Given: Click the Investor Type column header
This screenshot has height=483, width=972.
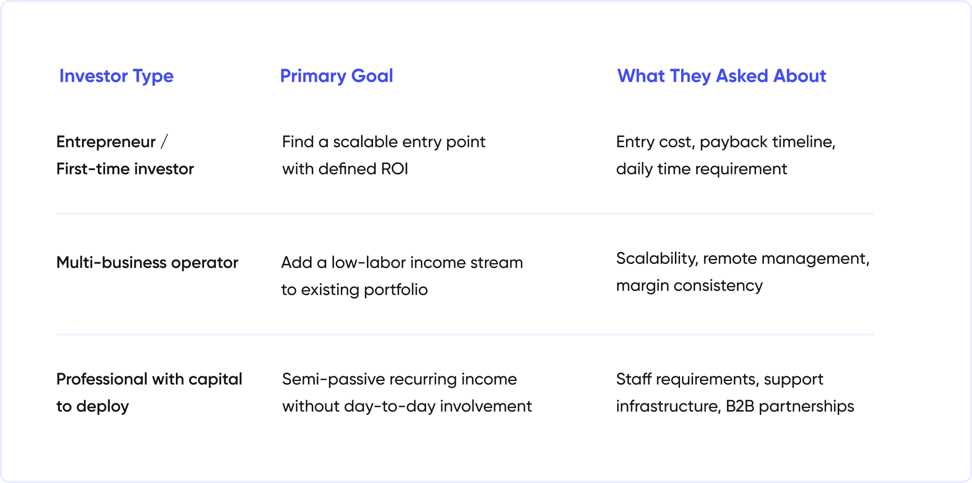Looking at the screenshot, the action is (x=116, y=76).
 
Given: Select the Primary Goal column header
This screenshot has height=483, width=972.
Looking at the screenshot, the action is (x=337, y=76).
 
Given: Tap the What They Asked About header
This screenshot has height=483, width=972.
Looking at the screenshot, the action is (x=722, y=76).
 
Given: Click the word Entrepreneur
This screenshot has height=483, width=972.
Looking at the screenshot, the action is (x=106, y=142).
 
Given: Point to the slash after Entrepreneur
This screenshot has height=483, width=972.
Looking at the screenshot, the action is (x=164, y=142).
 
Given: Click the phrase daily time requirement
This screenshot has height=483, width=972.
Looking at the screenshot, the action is (x=701, y=169).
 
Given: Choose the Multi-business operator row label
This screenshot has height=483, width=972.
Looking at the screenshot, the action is (x=147, y=263).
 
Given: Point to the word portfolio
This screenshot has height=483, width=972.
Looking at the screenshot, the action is (x=395, y=290).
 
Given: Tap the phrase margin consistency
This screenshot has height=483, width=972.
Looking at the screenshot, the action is (x=689, y=286).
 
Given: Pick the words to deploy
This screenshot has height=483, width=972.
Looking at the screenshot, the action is (x=93, y=406).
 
